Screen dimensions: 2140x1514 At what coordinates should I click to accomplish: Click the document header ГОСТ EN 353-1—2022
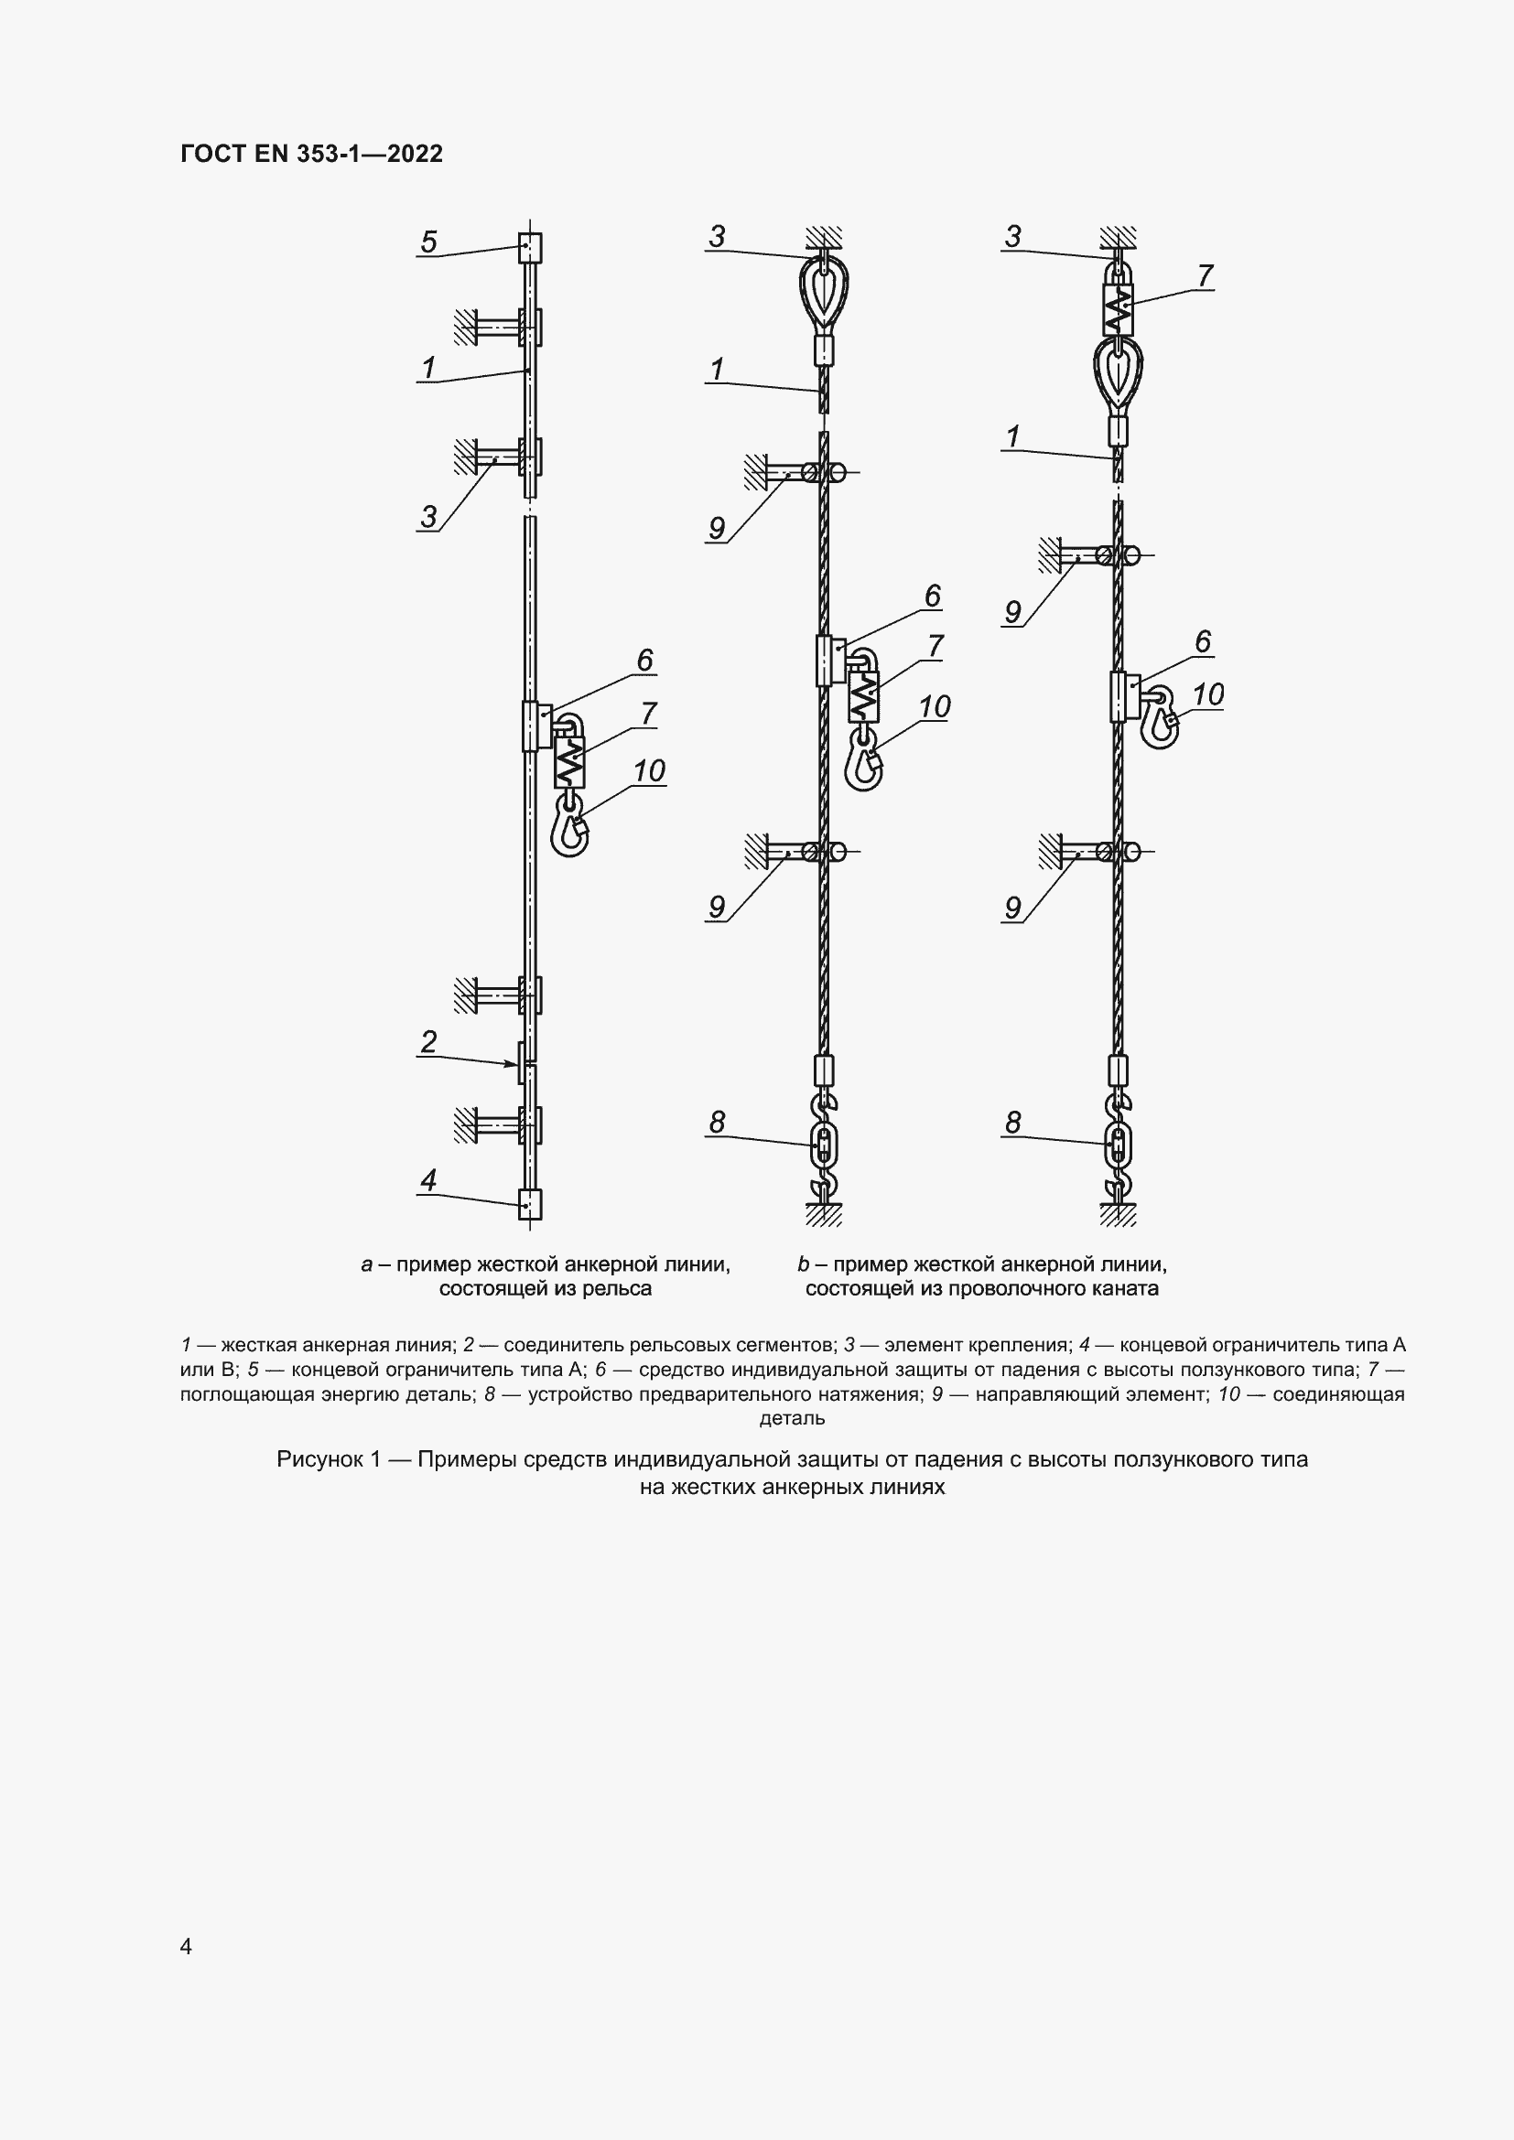click(311, 154)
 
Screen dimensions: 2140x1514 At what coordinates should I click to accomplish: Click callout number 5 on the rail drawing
click(428, 242)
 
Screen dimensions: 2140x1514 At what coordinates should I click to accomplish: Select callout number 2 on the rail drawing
click(428, 1042)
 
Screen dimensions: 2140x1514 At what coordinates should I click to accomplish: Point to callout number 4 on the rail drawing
click(428, 1181)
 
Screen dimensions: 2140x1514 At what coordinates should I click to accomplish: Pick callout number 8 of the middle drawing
click(717, 1124)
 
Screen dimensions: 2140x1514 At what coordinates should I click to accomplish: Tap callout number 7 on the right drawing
click(1205, 277)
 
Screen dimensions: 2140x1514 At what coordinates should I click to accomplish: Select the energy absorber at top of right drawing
click(1118, 308)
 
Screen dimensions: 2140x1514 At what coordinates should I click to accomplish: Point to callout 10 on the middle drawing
click(935, 707)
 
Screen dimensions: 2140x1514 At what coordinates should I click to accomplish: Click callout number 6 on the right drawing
click(1203, 642)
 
